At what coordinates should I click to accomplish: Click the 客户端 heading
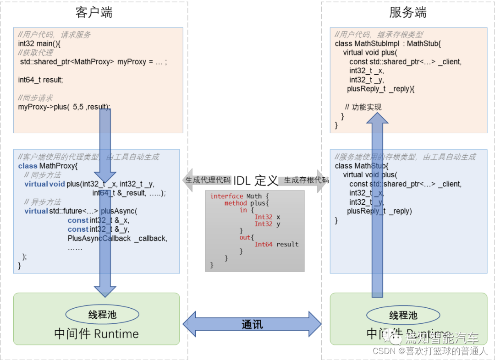click(x=93, y=13)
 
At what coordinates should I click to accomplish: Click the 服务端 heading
click(x=407, y=13)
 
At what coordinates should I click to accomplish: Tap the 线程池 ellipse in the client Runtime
click(x=102, y=315)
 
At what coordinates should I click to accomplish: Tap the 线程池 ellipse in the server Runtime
click(x=403, y=315)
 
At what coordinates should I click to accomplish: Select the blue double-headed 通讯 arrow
click(x=252, y=324)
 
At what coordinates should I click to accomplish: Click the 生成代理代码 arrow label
click(x=208, y=180)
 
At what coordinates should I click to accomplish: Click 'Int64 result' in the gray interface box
click(x=276, y=245)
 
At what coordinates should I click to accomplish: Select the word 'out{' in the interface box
click(x=246, y=237)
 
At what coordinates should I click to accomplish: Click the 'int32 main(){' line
click(x=39, y=44)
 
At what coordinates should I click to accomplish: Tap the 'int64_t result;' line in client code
click(x=40, y=80)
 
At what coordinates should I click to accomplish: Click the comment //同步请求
click(x=35, y=98)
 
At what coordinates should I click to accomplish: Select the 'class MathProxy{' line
click(x=48, y=166)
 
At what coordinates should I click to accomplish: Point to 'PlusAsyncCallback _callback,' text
click(x=117, y=238)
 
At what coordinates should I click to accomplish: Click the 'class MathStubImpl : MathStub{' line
click(x=387, y=44)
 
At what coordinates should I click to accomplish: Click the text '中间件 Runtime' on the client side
click(x=96, y=333)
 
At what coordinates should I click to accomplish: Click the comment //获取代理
click(x=35, y=53)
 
